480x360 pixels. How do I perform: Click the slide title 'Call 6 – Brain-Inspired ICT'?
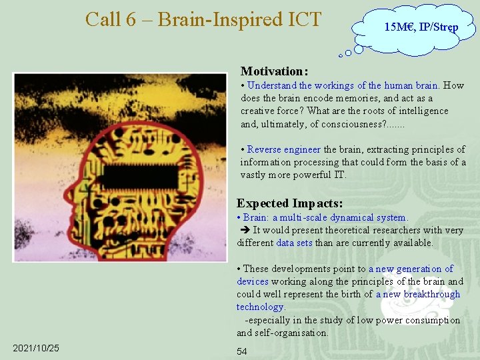click(x=203, y=19)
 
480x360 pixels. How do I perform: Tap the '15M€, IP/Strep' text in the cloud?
click(x=421, y=27)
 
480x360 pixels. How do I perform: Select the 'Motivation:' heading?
click(x=274, y=71)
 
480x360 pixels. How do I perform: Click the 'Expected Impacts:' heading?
click(x=290, y=203)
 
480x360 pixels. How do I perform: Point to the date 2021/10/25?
click(x=36, y=348)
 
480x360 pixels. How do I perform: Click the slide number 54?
click(x=242, y=351)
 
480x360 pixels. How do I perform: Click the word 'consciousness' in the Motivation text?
click(x=351, y=124)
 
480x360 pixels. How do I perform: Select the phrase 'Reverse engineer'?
click(x=284, y=149)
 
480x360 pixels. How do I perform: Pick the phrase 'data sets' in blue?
click(x=294, y=243)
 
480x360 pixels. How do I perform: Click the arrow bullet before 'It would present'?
click(x=243, y=230)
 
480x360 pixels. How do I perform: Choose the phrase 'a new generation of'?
click(x=411, y=269)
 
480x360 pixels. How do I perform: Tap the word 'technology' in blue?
click(x=260, y=307)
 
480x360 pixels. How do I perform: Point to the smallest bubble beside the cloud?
click(x=341, y=56)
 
